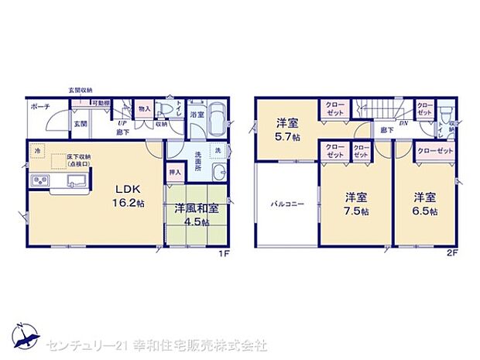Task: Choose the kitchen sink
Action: [x=74, y=180]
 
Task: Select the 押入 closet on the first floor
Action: [x=176, y=173]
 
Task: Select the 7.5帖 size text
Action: [x=356, y=211]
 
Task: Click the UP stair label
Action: [x=122, y=124]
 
